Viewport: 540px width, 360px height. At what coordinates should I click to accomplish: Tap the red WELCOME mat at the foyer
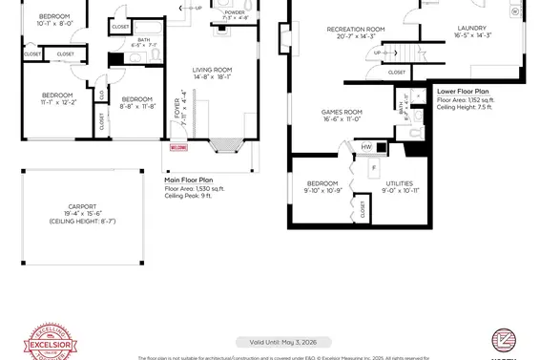(177, 148)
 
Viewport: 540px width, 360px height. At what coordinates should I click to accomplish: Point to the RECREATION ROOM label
(355, 30)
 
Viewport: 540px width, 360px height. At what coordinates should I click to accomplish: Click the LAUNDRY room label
(471, 29)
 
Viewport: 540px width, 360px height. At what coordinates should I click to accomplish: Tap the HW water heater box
(366, 147)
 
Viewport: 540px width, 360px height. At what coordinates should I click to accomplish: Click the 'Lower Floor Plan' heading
(463, 91)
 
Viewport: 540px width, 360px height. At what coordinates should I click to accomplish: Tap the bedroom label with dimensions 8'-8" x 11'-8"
(137, 99)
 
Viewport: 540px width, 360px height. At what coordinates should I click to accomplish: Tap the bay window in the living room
(226, 146)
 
